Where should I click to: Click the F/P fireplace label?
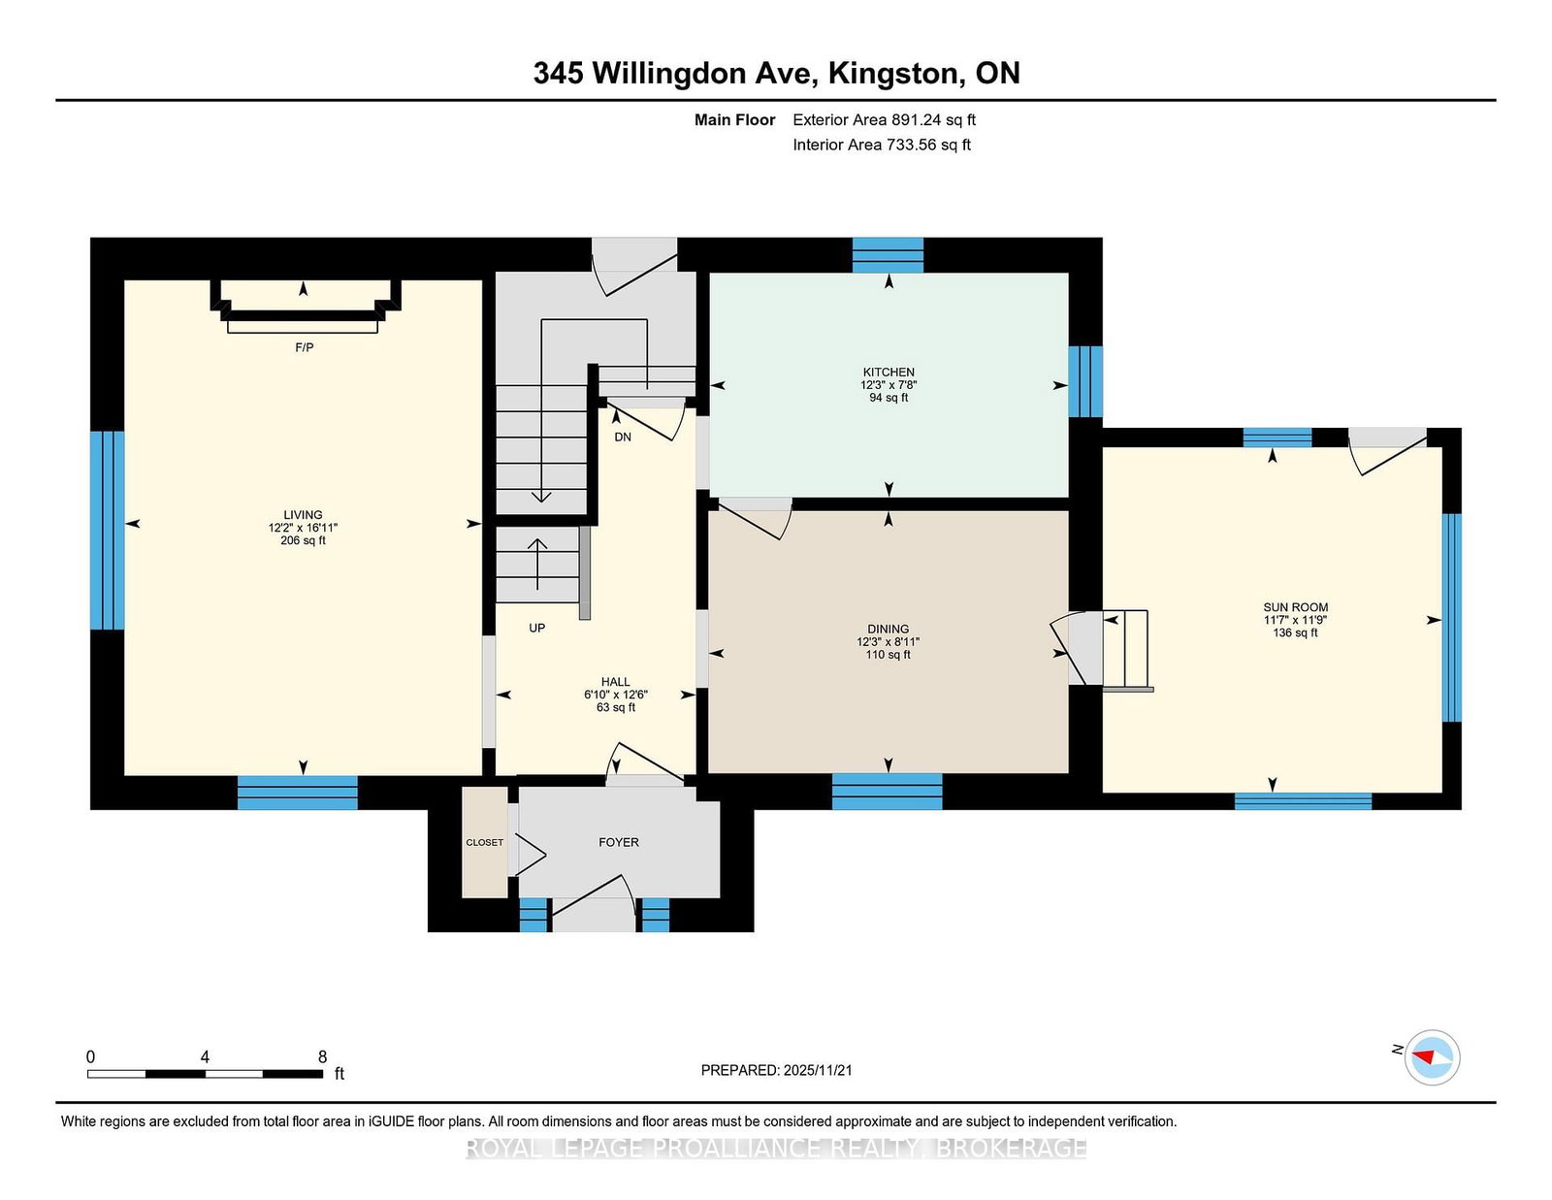pos(305,348)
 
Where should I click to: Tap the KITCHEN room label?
pos(889,373)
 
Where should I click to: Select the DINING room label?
pos(889,630)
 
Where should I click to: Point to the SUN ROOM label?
pos(1296,608)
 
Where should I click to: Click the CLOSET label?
pos(485,843)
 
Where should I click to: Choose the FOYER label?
pos(619,843)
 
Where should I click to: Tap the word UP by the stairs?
pos(537,628)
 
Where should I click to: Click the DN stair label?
pos(623,438)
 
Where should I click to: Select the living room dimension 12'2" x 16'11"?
pos(303,528)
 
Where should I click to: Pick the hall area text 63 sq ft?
pos(616,708)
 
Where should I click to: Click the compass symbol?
pos(1432,1057)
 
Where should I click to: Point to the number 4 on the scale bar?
pos(205,1057)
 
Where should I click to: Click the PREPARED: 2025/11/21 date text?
pos(776,1071)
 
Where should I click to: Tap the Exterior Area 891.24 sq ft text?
pos(885,120)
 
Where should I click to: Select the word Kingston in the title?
pos(893,74)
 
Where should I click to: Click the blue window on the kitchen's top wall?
pos(889,255)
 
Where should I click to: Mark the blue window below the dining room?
pos(887,792)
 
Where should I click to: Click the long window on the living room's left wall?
pos(107,530)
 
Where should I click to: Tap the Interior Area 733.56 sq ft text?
pos(882,145)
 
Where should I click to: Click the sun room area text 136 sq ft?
pos(1296,633)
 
